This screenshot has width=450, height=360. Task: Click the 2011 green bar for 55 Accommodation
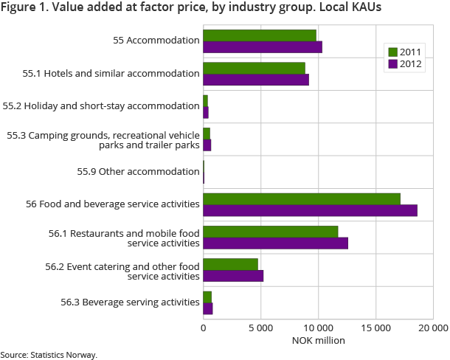tap(260, 35)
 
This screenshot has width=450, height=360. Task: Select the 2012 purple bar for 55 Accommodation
tap(263, 47)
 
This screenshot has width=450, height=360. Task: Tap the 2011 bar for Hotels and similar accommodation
tap(254, 68)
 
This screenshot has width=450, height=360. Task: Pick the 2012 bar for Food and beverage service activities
tap(310, 210)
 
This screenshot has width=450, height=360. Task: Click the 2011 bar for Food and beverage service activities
tap(302, 198)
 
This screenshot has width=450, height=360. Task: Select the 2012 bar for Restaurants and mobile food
tap(275, 243)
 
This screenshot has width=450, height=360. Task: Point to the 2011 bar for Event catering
tap(230, 264)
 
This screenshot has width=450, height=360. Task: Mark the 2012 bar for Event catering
tap(233, 276)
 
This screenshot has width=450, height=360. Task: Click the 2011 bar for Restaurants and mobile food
tap(271, 232)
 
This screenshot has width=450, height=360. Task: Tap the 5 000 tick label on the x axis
tap(260, 327)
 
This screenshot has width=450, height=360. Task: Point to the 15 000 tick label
tap(375, 327)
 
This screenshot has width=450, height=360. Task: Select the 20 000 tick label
tap(432, 327)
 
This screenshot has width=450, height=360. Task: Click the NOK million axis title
tap(318, 341)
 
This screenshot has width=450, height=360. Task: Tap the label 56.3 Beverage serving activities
tap(129, 302)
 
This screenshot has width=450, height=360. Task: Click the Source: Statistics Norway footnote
tap(49, 355)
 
